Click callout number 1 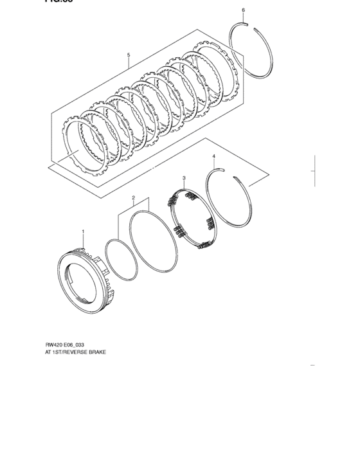pyautogui.click(x=82, y=230)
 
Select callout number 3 pyautogui.click(x=184, y=177)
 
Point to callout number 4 pyautogui.click(x=214, y=156)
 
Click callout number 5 pyautogui.click(x=129, y=55)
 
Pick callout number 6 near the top pyautogui.click(x=243, y=10)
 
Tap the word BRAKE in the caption pyautogui.click(x=95, y=354)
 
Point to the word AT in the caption pyautogui.click(x=48, y=354)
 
